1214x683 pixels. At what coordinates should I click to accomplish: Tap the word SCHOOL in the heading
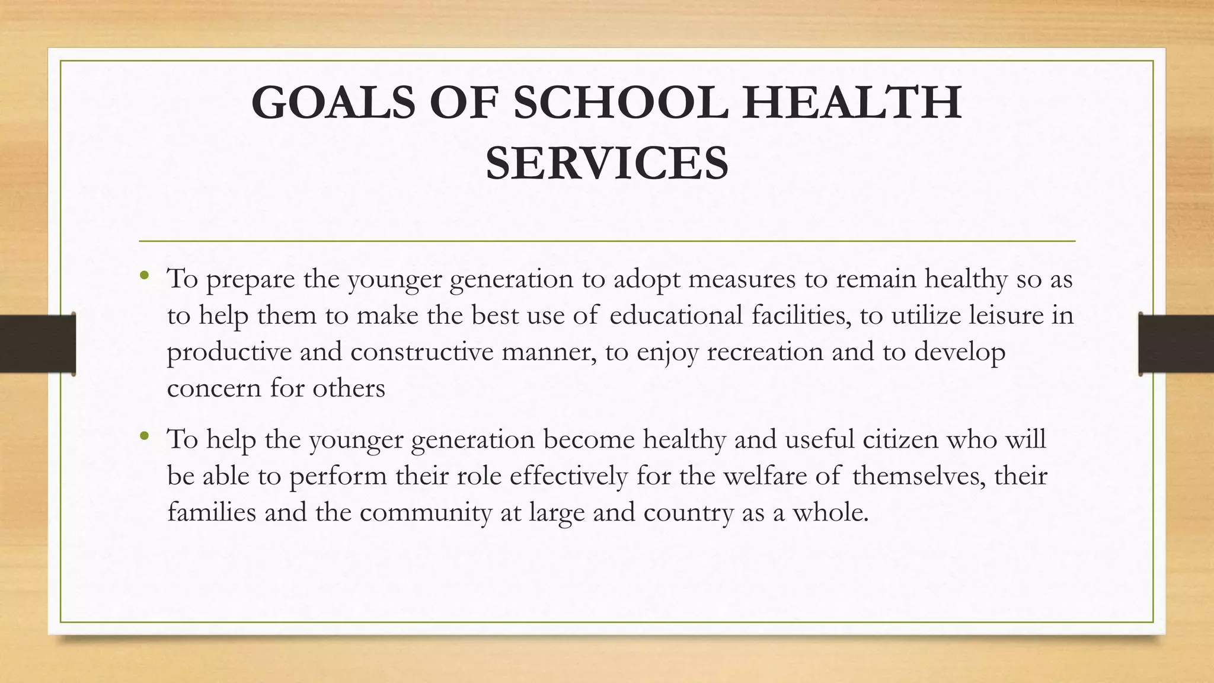pos(620,103)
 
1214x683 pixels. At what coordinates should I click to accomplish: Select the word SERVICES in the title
pos(607,163)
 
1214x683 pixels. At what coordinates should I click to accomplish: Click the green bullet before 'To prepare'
pos(144,275)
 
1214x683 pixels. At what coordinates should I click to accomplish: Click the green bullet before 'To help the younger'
pos(144,436)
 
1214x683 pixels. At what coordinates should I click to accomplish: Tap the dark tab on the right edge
pos(1176,344)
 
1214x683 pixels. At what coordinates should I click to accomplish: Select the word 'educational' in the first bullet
pos(676,315)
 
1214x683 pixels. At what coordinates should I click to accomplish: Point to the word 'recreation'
pos(765,352)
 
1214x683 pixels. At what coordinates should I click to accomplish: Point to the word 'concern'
pos(214,389)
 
